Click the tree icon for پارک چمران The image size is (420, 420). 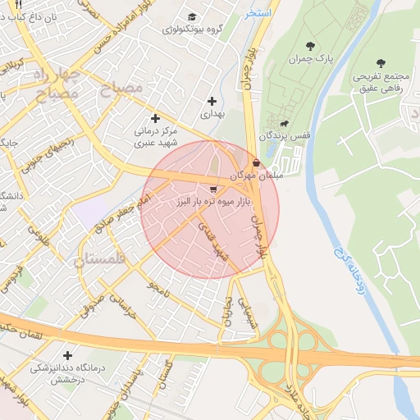pyautogui.click(x=309, y=46)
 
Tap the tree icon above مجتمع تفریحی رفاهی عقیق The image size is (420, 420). pyautogui.click(x=380, y=62)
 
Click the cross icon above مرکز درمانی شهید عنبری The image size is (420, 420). pyautogui.click(x=155, y=118)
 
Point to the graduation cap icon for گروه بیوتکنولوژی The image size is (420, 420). pyautogui.click(x=192, y=17)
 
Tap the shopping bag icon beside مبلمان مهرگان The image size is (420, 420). pyautogui.click(x=258, y=162)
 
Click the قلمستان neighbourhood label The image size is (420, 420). pyautogui.click(x=102, y=261)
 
